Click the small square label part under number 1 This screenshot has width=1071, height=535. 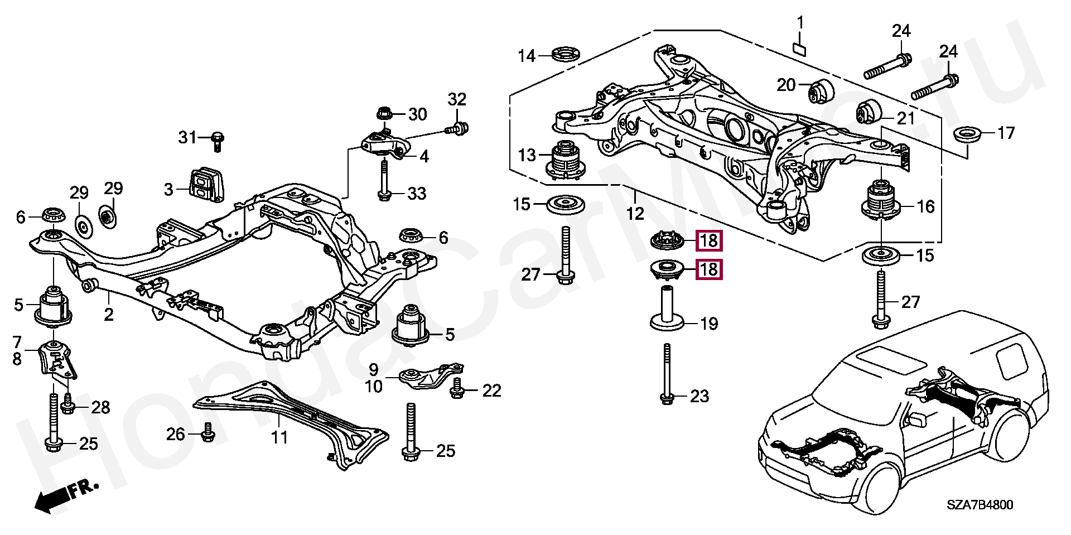799,49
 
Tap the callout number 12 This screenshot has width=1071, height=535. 635,213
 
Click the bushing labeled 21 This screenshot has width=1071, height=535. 867,112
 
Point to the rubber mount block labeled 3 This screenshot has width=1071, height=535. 205,182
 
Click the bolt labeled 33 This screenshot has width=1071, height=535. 384,180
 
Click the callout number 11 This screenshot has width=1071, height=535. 279,437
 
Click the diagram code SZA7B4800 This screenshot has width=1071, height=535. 978,505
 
